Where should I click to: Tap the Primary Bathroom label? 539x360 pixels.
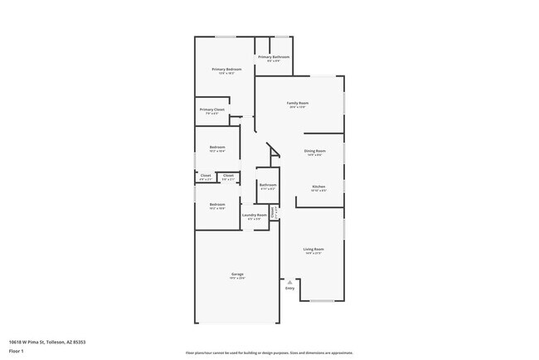click(273, 56)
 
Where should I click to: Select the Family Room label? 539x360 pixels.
click(298, 103)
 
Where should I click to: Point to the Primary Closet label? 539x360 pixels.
click(211, 109)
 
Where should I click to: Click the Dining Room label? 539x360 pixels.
click(316, 151)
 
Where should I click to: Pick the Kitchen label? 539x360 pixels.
click(318, 187)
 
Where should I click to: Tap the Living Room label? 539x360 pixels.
click(313, 249)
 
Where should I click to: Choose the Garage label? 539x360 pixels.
click(237, 274)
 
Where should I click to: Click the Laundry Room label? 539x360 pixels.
click(255, 216)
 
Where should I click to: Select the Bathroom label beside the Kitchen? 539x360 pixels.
click(267, 185)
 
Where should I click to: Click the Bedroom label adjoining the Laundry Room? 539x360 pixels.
click(216, 204)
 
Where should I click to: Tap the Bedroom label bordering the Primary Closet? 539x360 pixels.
click(217, 147)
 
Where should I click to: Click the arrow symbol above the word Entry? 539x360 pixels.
click(289, 281)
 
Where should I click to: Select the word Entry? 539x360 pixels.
click(289, 288)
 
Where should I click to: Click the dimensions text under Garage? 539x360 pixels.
click(237, 278)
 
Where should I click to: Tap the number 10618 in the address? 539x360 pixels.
click(17, 342)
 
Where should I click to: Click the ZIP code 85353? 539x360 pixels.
click(80, 342)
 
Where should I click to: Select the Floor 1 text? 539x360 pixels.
click(17, 351)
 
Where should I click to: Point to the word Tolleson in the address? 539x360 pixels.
click(56, 342)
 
